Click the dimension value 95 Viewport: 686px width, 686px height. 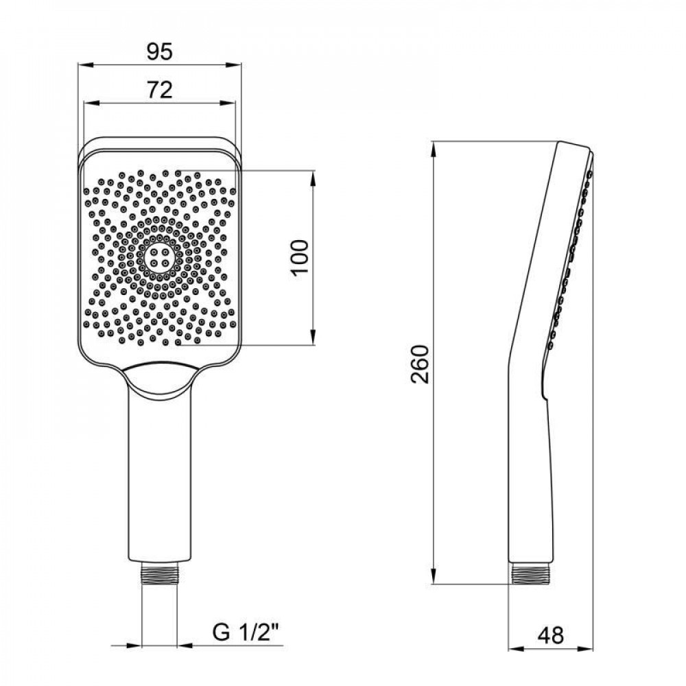[x=159, y=50]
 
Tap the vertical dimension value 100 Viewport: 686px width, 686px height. [x=300, y=257]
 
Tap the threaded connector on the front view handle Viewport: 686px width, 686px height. [x=159, y=575]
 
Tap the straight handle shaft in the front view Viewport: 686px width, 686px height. [x=159, y=480]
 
